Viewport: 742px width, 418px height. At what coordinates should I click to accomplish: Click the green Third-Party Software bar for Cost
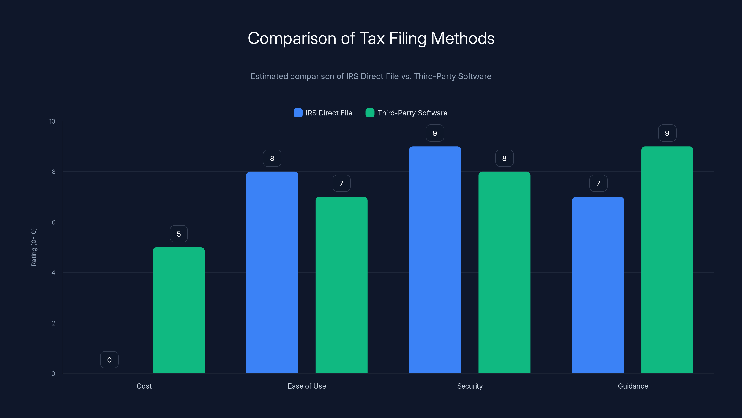pos(178,310)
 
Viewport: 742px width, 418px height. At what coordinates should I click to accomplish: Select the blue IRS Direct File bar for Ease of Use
pos(272,272)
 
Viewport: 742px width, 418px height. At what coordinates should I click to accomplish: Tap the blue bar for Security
pos(435,260)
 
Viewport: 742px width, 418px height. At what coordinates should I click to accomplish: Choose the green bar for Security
pos(504,272)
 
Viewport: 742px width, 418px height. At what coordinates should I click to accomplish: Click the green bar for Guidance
pos(667,260)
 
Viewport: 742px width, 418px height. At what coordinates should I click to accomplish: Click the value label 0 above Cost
pos(109,360)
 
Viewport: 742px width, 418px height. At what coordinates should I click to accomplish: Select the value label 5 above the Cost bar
pos(179,234)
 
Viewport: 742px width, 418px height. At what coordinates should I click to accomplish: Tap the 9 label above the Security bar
pos(435,133)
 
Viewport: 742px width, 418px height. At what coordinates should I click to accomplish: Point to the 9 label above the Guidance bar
pos(667,133)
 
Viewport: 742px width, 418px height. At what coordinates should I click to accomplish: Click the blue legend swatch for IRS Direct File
pos(298,113)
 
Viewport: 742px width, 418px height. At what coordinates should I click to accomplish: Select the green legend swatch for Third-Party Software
pos(370,113)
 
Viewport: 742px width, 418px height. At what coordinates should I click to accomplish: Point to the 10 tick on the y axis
pos(52,121)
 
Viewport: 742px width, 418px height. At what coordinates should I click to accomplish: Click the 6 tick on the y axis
pos(54,222)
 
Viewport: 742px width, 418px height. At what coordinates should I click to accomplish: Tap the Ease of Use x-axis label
pos(307,386)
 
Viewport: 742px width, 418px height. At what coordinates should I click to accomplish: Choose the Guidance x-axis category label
pos(633,386)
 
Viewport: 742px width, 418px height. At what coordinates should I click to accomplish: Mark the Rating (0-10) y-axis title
pos(34,247)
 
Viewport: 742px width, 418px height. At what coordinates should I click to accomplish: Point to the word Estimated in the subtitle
pos(269,76)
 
